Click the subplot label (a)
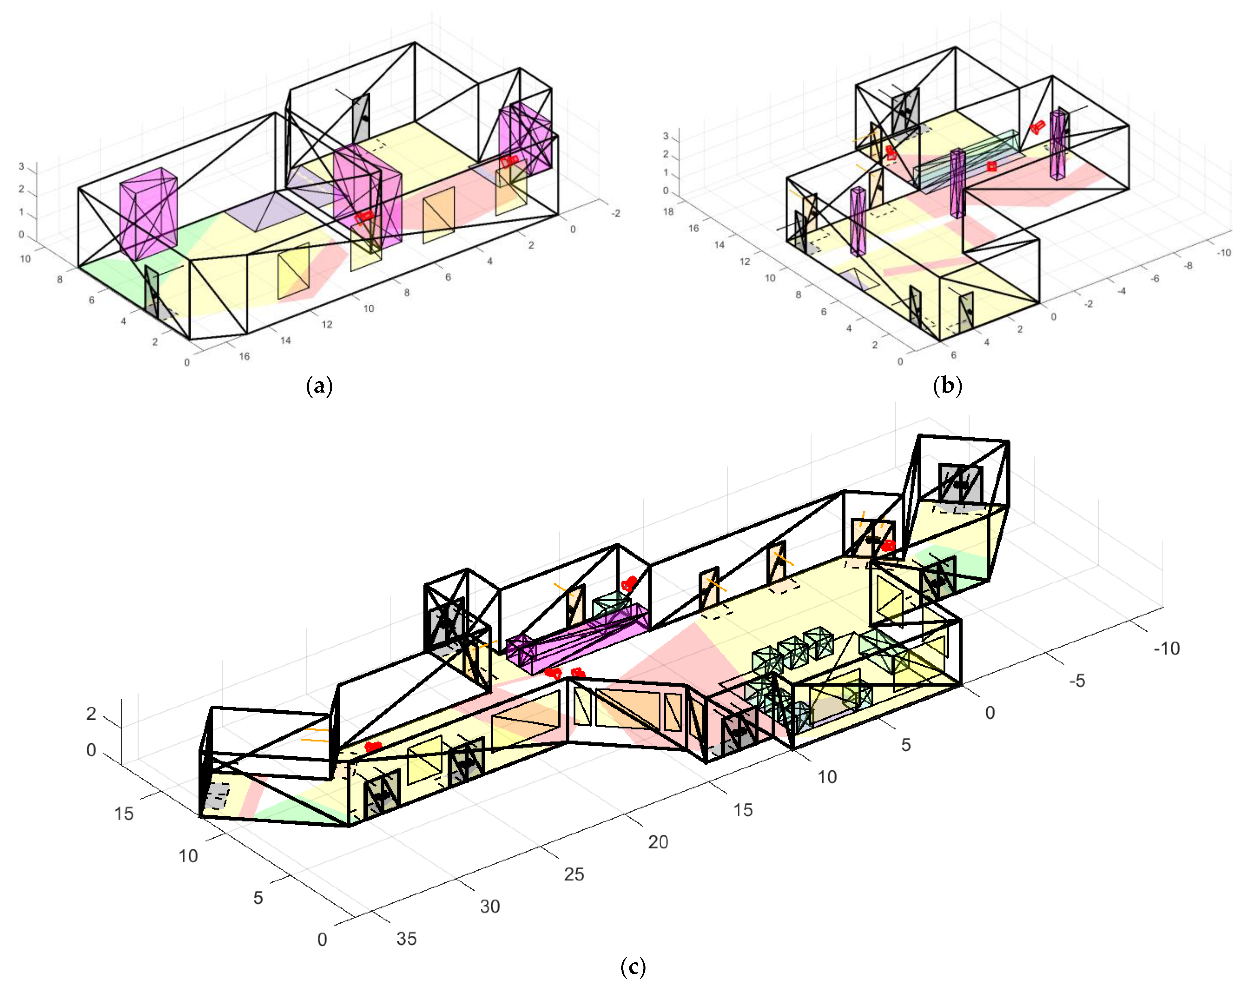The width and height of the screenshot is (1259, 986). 319,386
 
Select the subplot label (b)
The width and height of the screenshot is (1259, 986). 947,386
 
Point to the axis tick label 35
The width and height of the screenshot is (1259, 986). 406,938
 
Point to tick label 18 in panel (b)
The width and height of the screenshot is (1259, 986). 668,212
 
